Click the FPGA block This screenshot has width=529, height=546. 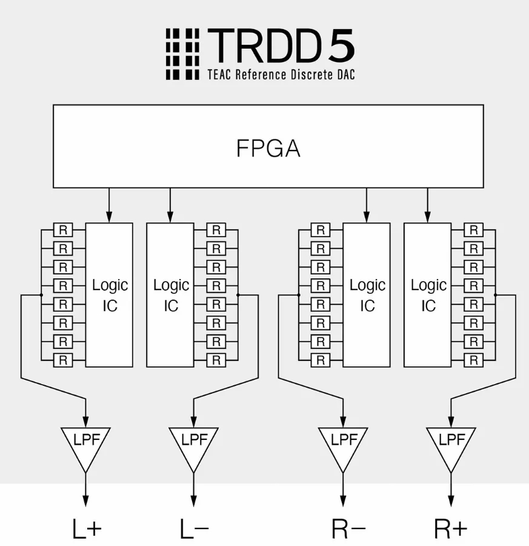point(268,146)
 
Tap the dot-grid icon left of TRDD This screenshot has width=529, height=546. point(182,54)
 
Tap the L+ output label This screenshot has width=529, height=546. point(87,529)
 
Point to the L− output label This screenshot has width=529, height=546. point(194,529)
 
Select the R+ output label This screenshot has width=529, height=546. point(450,529)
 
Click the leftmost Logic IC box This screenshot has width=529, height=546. point(110,295)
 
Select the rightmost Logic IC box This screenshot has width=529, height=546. point(428,295)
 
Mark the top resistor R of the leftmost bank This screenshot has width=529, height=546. point(62,230)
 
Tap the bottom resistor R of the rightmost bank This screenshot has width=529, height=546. point(473,360)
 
